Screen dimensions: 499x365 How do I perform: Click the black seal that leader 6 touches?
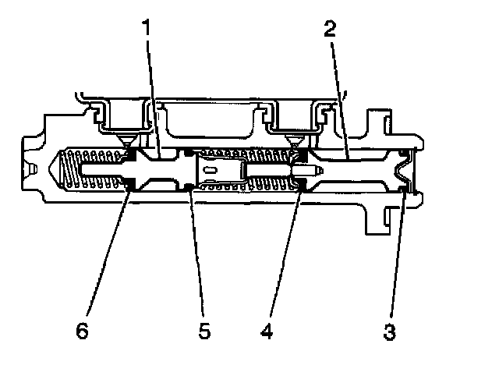[129, 186]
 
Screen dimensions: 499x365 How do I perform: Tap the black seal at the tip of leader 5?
[189, 185]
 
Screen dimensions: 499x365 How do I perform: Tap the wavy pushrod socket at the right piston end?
[402, 171]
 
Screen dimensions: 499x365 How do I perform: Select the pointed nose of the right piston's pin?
[317, 169]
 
